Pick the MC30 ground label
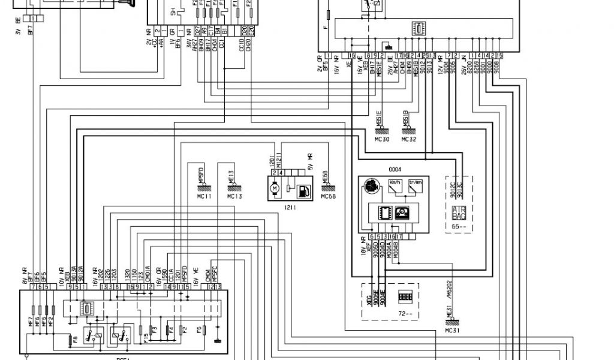tap(382, 140)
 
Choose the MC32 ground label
tap(408, 140)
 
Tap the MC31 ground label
tap(453, 330)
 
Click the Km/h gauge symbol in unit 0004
tap(395, 185)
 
